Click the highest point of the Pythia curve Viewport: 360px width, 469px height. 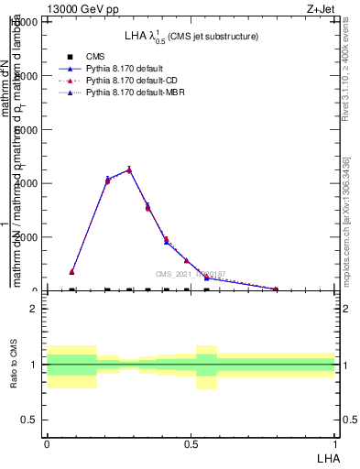[x=129, y=169]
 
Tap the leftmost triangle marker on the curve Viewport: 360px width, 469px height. [x=71, y=271]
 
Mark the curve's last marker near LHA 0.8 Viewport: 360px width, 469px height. [x=276, y=289]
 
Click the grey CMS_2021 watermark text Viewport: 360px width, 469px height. [x=191, y=274]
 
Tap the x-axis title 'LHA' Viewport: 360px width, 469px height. [x=327, y=456]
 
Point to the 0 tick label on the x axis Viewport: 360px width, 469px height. [x=47, y=442]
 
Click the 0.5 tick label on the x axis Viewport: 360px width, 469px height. [x=190, y=442]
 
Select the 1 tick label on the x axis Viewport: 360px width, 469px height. [x=334, y=442]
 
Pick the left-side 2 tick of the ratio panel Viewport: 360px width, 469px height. [x=35, y=310]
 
